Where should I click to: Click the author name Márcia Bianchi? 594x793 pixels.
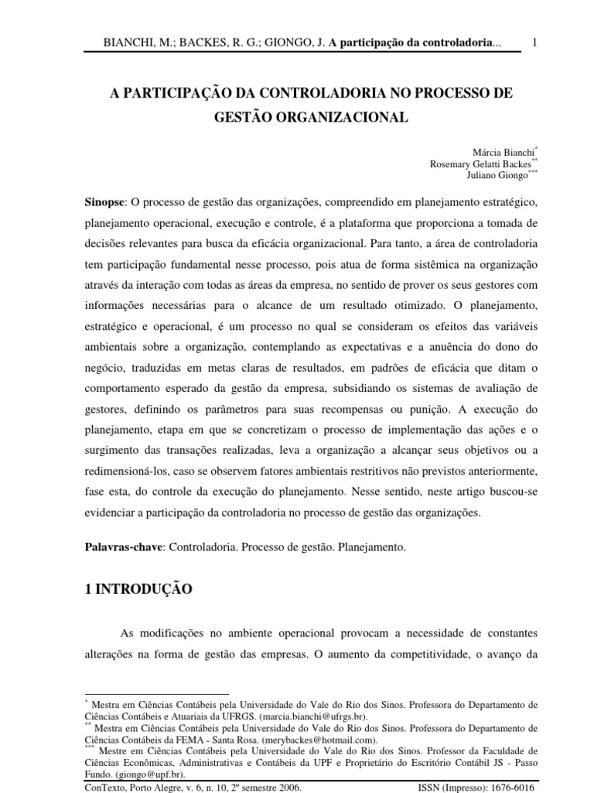click(502, 151)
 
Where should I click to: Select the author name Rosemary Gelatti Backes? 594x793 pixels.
click(480, 163)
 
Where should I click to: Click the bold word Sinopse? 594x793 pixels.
click(105, 202)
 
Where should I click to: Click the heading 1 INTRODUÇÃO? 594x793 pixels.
click(138, 589)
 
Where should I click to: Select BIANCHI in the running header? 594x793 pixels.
click(130, 43)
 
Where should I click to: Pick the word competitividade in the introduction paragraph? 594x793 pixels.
click(418, 653)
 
